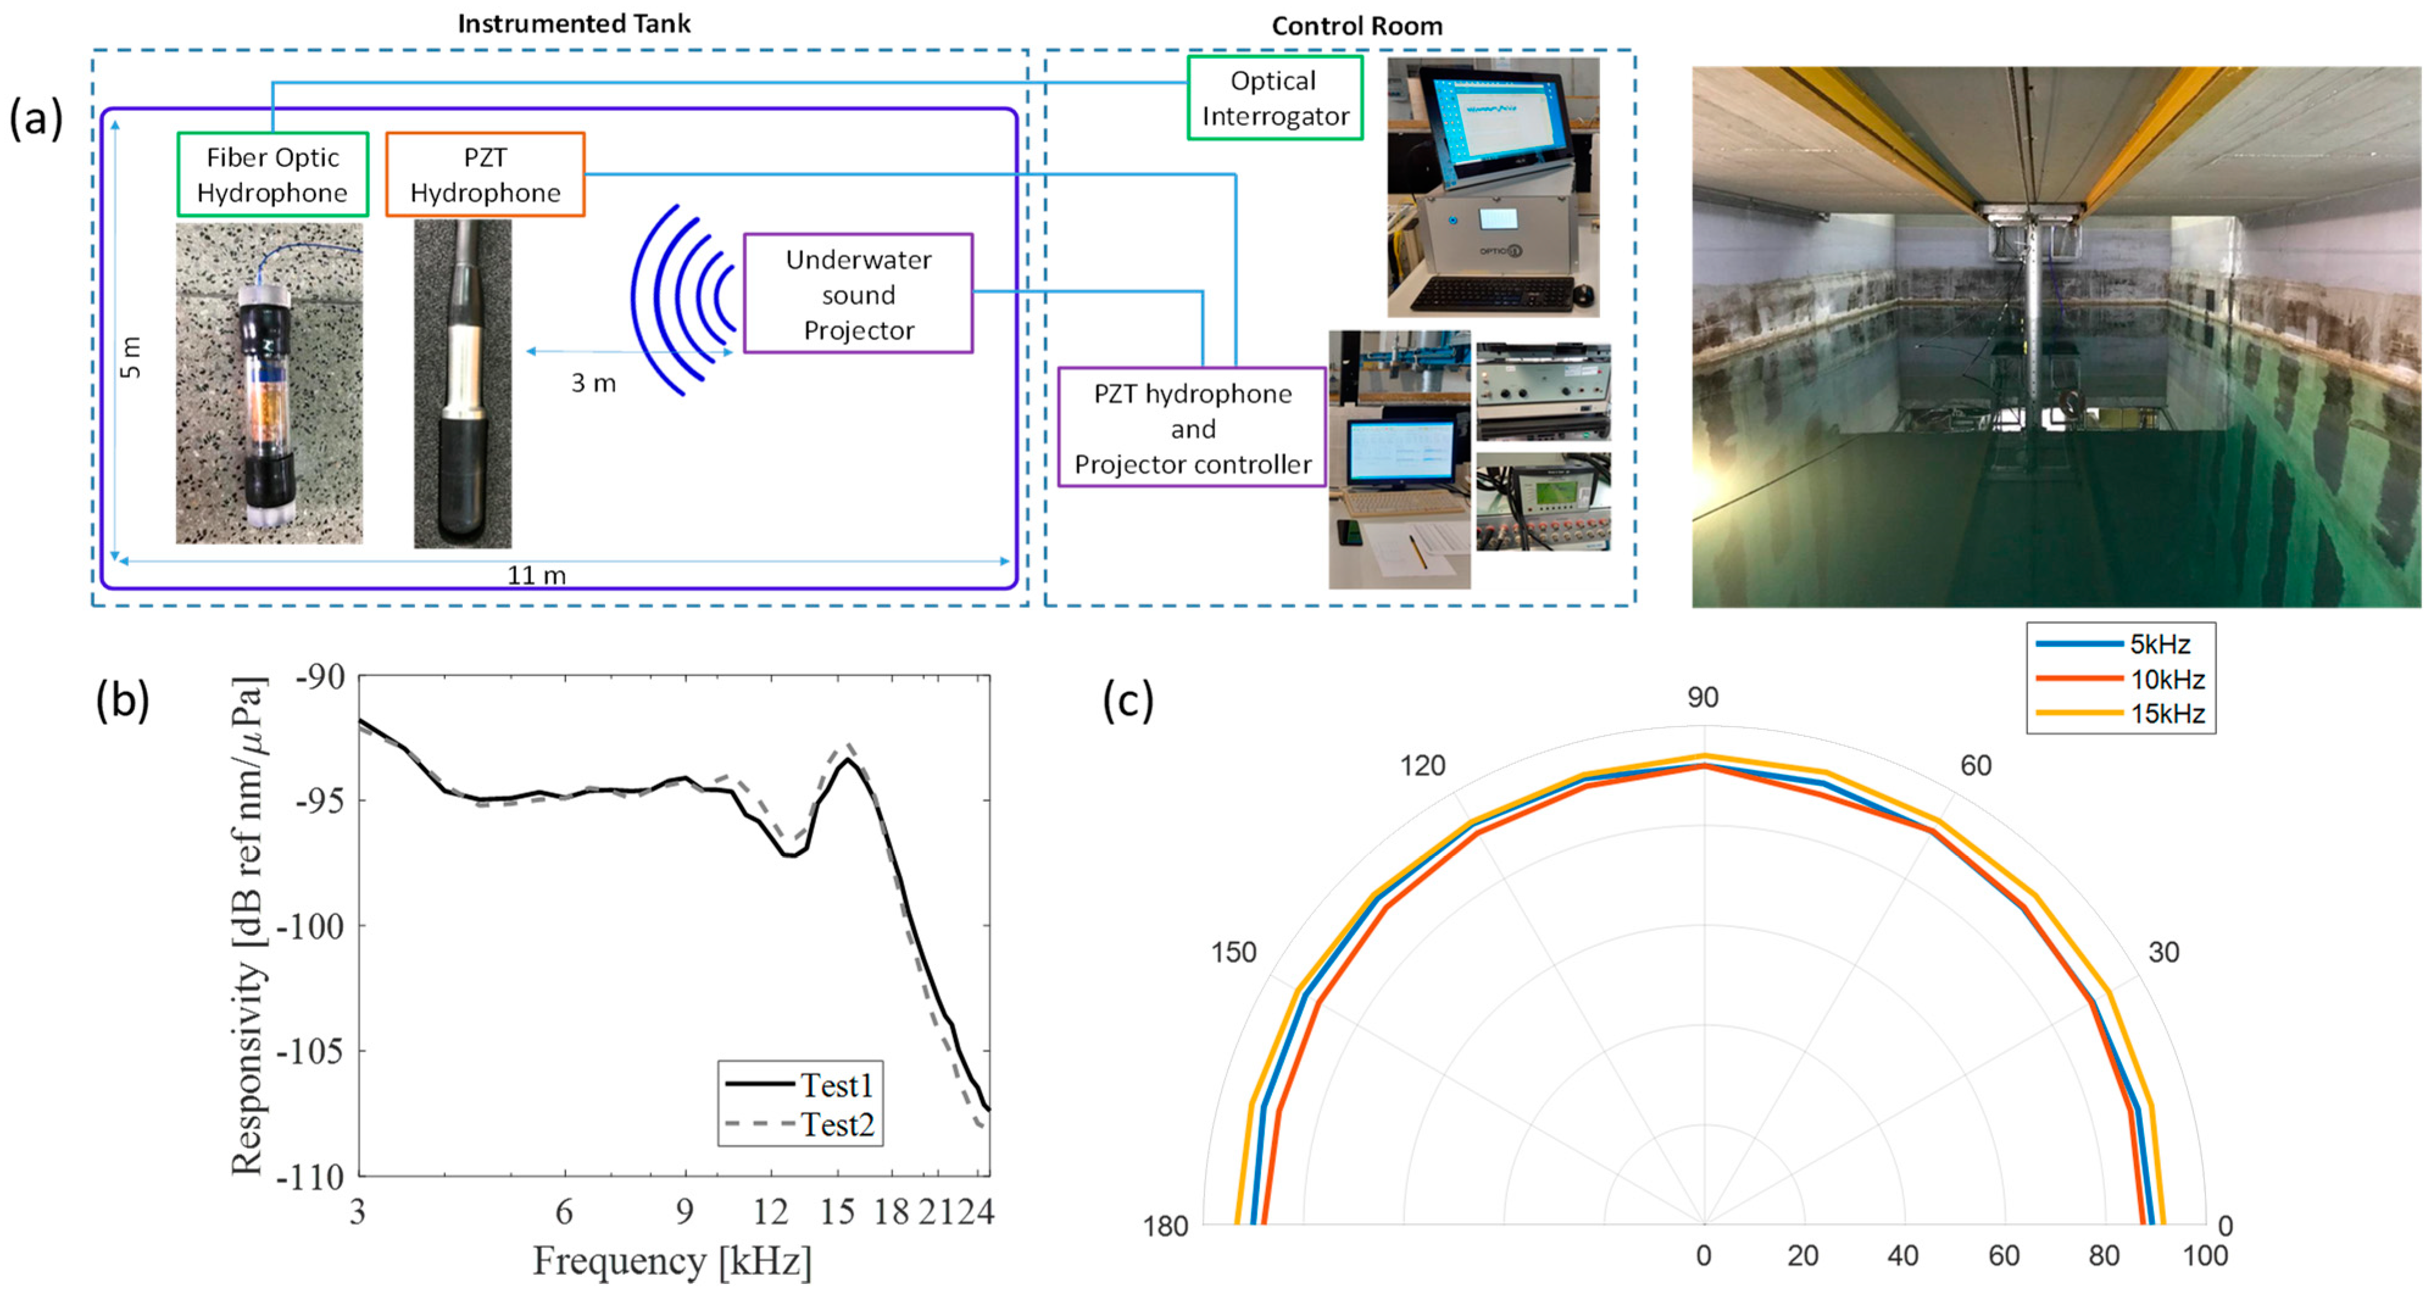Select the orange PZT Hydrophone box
[x=485, y=174]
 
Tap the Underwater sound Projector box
[x=858, y=294]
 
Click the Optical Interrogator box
[x=1274, y=98]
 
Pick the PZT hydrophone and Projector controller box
[x=1192, y=429]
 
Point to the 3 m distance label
[x=592, y=382]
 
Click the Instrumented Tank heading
[x=574, y=24]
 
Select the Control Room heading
[x=1356, y=26]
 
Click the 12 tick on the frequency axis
[x=770, y=1211]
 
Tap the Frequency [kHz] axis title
[x=672, y=1261]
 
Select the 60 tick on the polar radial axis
[x=2004, y=1255]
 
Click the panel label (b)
[x=122, y=701]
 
